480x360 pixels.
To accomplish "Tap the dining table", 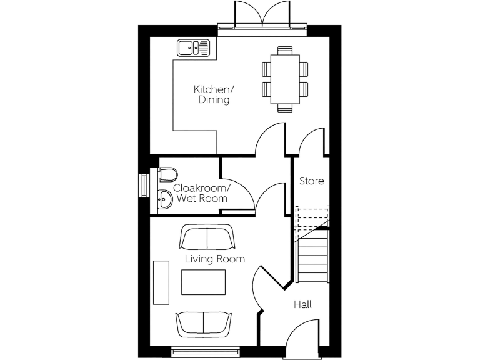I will (x=285, y=78).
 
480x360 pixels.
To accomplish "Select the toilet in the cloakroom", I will (x=168, y=174).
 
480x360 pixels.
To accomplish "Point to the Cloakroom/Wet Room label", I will (x=202, y=193).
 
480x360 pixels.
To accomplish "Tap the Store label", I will (x=311, y=181).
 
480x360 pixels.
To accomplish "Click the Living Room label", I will (x=214, y=259).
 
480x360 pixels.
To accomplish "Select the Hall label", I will (x=303, y=304).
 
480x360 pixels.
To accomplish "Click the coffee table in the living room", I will (x=204, y=282).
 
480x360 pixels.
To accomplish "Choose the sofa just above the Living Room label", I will (x=207, y=237).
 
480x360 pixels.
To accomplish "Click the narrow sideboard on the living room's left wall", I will (x=161, y=282).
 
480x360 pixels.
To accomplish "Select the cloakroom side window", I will (x=144, y=186).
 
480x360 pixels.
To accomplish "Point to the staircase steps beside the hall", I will (x=313, y=256).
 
